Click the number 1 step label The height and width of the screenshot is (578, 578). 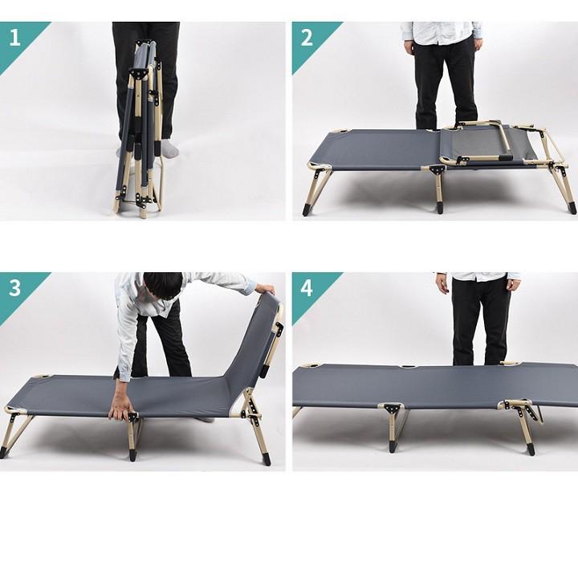[x=14, y=38]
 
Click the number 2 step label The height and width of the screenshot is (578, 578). [x=307, y=38]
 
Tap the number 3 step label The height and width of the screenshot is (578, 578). [x=14, y=288]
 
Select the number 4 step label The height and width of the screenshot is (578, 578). [x=307, y=288]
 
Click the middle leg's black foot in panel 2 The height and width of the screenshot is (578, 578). [x=440, y=207]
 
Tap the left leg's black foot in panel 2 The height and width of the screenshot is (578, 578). [x=307, y=210]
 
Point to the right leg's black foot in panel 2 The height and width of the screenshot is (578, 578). [x=571, y=207]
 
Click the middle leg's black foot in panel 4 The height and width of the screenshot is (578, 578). [x=393, y=446]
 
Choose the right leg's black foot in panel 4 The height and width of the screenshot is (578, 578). [x=531, y=449]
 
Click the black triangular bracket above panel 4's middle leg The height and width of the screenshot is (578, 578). [x=390, y=409]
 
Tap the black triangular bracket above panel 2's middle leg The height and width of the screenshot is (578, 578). [x=438, y=171]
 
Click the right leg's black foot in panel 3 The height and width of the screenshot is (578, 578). [x=267, y=459]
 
